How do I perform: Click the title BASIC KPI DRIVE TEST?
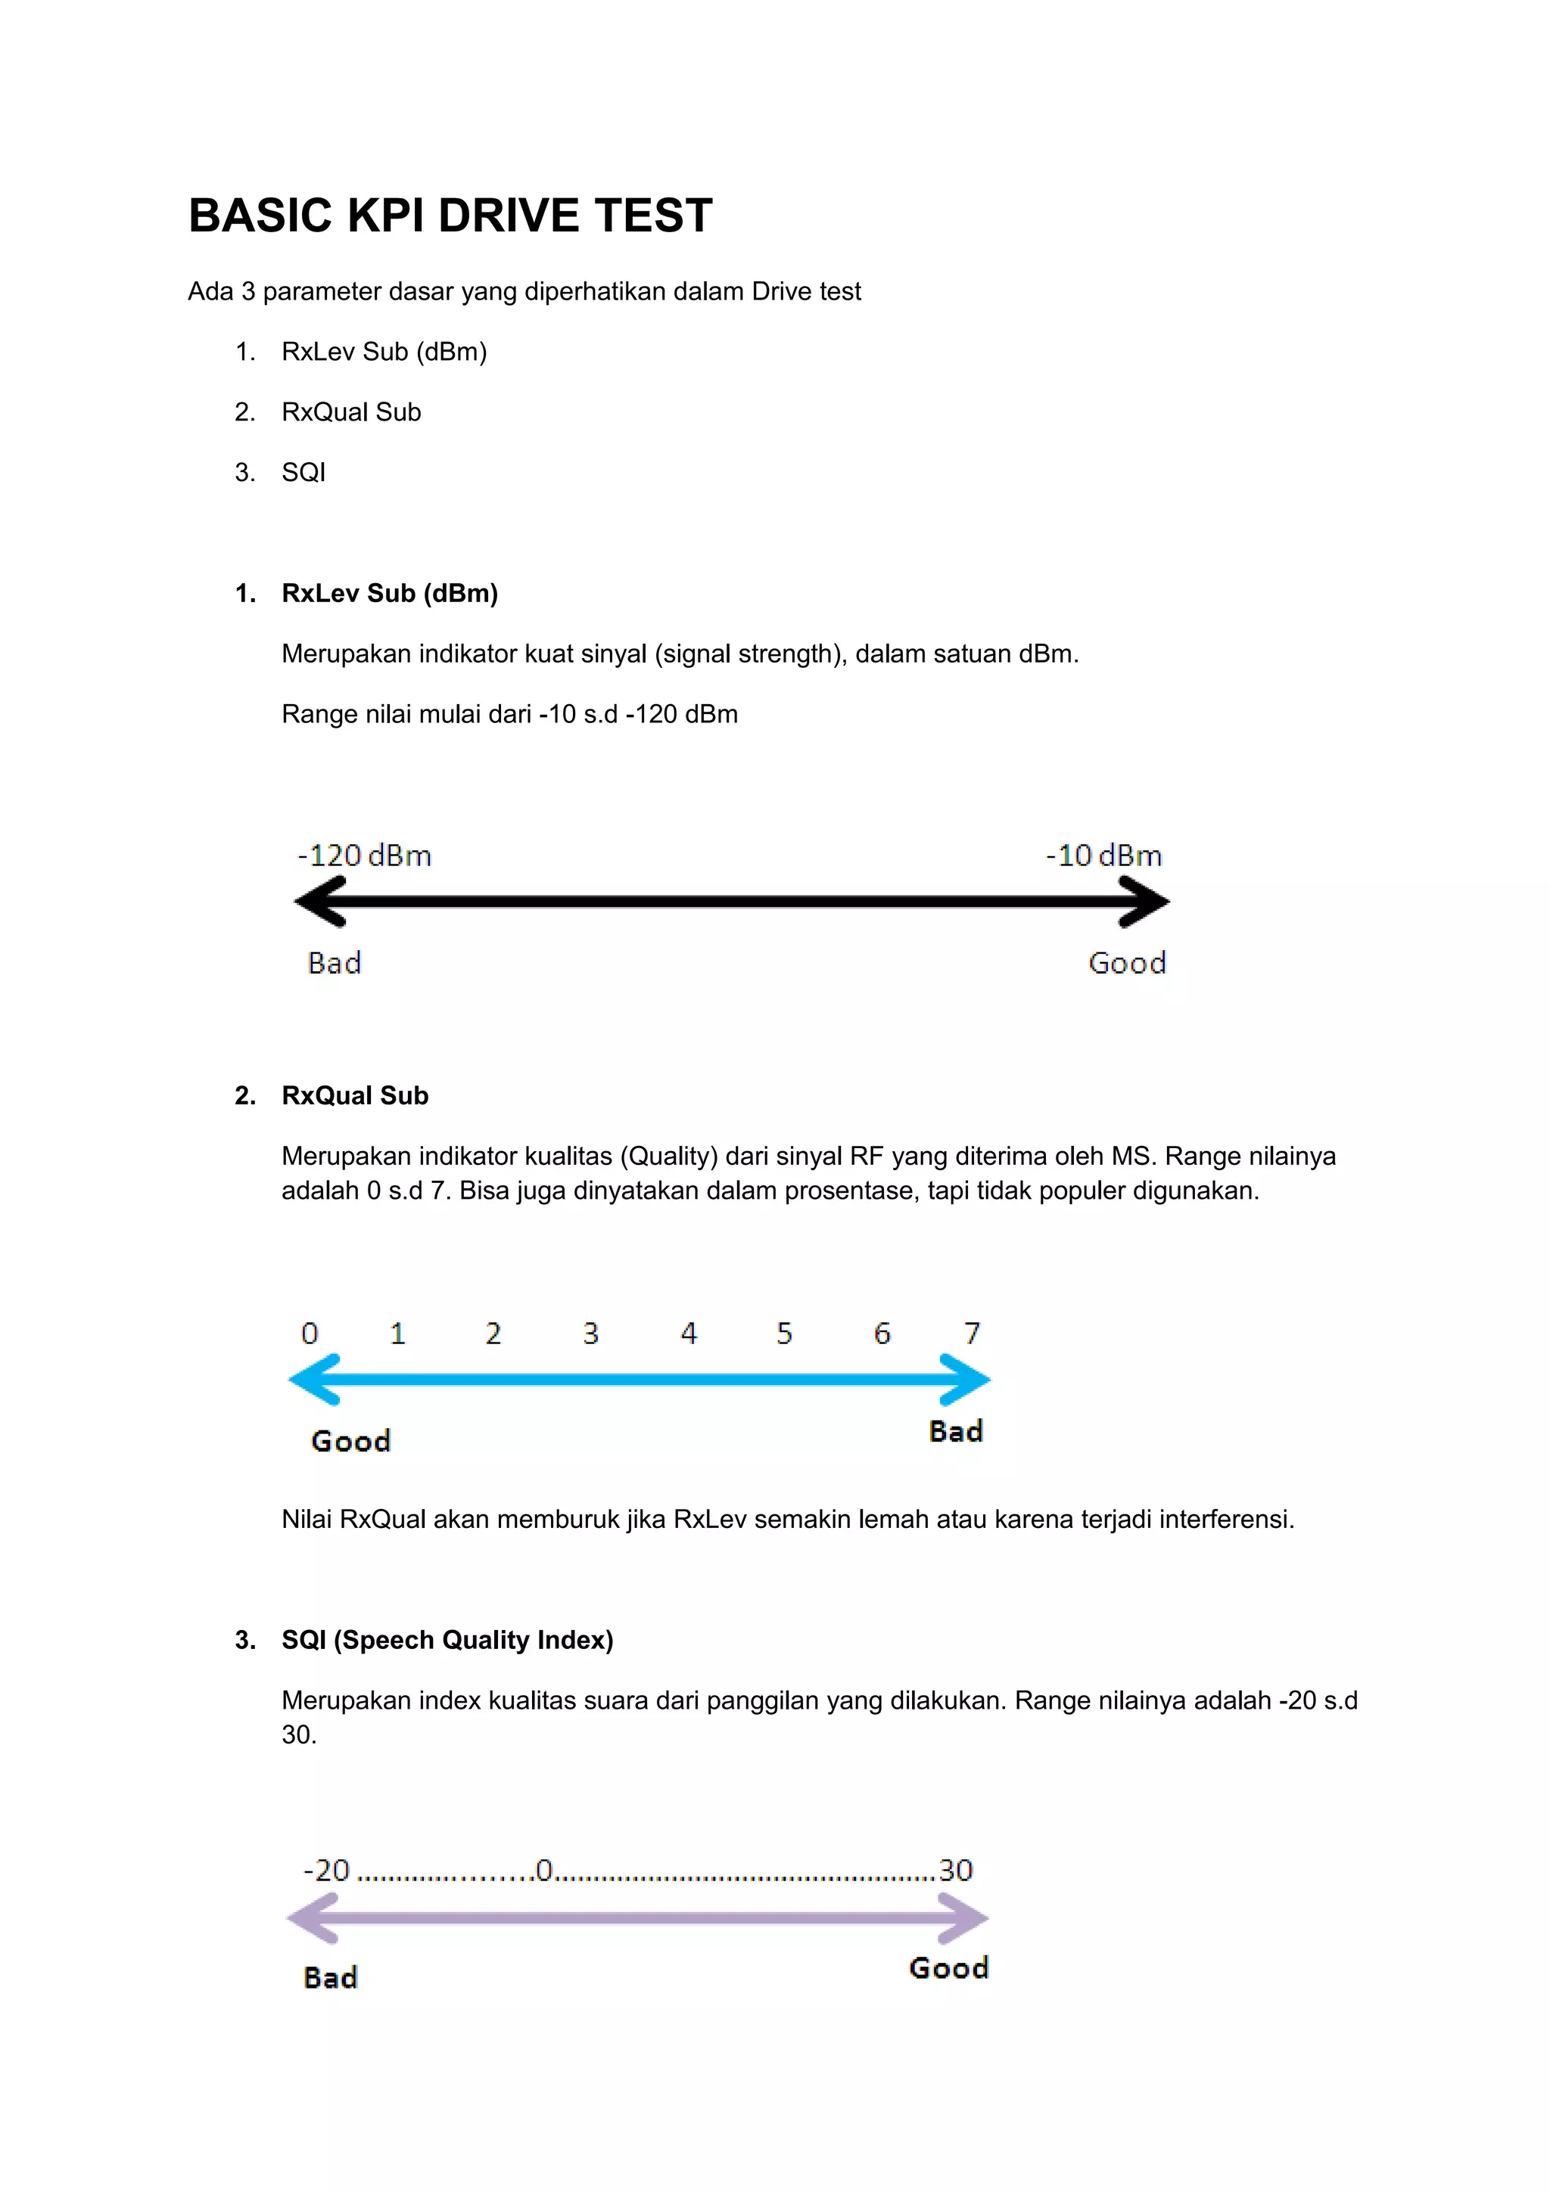[450, 215]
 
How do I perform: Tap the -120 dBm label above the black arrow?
[365, 855]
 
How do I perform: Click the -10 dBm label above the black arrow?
[1104, 855]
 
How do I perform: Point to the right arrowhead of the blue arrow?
[966, 1380]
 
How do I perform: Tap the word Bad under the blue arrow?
[955, 1431]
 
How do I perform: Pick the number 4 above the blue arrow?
[689, 1333]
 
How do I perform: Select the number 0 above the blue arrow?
[310, 1333]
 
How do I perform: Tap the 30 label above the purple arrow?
[955, 1869]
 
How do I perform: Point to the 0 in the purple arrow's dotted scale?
[544, 1869]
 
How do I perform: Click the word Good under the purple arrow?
[948, 1967]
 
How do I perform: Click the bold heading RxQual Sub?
[354, 1095]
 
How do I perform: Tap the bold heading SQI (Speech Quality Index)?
[447, 1639]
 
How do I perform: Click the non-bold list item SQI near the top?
[303, 473]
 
